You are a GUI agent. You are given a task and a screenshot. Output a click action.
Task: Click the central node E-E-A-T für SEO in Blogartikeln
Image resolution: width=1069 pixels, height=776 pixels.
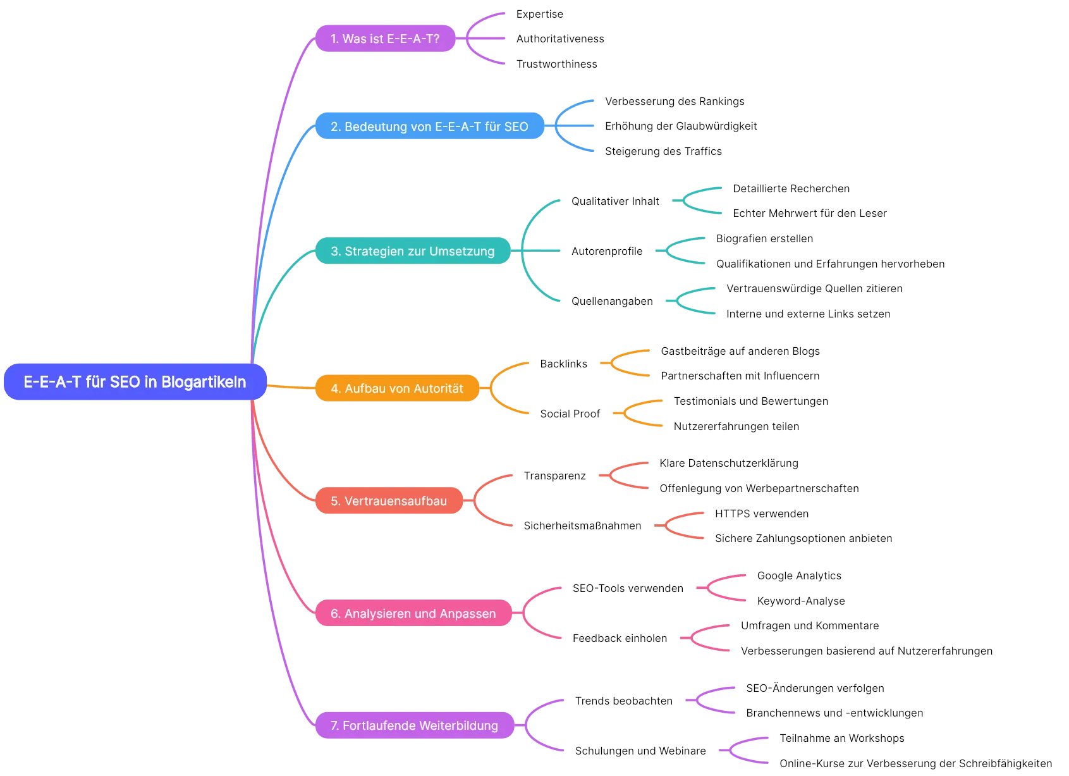point(135,382)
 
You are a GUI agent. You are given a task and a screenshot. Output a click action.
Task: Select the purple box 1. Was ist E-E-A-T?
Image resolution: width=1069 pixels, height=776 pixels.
point(385,39)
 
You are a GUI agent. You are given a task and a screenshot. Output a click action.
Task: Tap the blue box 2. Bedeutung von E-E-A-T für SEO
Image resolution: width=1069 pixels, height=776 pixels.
point(429,126)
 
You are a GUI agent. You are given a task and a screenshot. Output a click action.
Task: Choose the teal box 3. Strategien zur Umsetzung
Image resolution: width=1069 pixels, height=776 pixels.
point(412,251)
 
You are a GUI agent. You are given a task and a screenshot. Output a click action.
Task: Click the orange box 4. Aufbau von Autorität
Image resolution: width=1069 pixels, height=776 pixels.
point(397,388)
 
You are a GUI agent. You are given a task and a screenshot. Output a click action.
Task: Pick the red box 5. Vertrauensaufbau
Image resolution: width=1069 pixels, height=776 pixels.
point(389,501)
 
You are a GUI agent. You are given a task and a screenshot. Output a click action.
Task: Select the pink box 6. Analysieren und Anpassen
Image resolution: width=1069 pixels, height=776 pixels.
point(413,613)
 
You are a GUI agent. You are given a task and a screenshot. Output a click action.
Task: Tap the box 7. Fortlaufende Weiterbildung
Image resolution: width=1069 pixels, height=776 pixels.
point(414,725)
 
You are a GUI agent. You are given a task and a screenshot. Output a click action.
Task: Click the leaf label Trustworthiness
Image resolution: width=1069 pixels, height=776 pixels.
point(556,64)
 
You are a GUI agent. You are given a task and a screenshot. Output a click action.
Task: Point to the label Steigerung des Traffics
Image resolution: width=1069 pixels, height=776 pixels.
point(663,151)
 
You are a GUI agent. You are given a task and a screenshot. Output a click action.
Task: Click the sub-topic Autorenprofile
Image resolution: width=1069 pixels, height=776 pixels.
point(607,251)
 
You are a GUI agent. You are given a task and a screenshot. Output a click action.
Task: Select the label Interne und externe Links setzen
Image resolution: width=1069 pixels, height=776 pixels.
point(808,314)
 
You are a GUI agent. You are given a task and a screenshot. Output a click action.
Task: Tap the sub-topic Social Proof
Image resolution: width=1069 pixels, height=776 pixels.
point(570,414)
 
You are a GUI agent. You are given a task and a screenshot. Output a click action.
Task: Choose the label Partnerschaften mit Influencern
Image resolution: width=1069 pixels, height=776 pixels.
point(740,376)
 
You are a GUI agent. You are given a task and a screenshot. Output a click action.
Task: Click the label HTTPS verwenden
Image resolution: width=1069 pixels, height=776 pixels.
point(762,514)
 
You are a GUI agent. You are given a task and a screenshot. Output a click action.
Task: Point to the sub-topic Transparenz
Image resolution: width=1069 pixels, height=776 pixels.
point(554,476)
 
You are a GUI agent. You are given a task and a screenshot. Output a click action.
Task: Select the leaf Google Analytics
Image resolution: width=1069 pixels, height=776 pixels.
point(799,576)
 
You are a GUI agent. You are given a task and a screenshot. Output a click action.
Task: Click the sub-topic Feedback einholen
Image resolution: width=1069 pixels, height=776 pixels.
point(620,638)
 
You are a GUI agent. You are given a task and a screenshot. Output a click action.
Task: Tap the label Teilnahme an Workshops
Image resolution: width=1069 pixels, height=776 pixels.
point(841,738)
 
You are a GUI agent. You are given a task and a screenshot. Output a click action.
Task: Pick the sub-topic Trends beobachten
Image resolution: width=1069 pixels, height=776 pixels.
point(623,701)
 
